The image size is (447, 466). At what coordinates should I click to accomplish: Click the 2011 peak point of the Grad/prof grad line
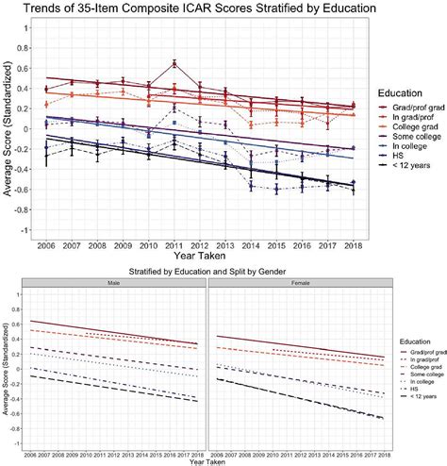point(174,63)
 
